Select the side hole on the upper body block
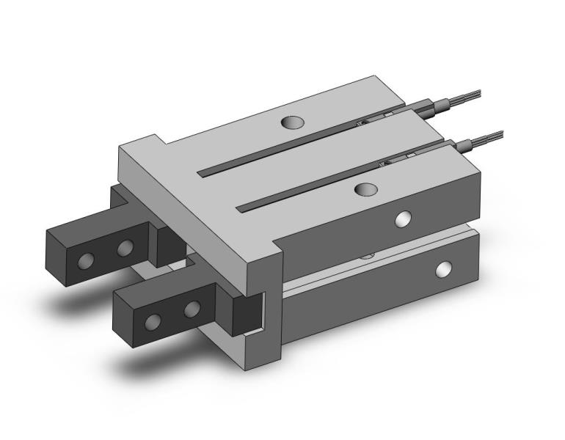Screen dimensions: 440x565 [x=403, y=219]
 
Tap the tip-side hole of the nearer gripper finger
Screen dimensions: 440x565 [x=154, y=321]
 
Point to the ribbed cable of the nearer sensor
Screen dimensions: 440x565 [x=488, y=136]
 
